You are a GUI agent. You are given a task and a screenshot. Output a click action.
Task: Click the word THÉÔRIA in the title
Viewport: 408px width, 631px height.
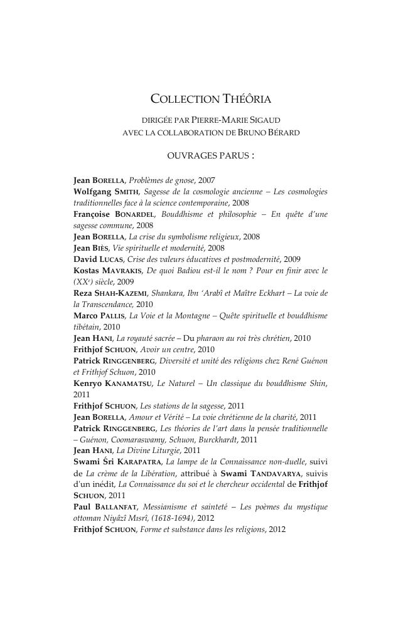click(247, 98)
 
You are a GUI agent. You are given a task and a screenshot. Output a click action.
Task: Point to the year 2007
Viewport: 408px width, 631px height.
click(206, 180)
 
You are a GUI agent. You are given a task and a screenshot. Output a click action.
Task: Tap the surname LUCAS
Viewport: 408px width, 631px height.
click(114, 259)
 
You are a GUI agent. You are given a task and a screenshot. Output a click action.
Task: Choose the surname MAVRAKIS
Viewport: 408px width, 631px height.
click(123, 271)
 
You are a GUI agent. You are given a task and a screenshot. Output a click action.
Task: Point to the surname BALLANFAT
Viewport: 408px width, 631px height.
click(117, 507)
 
